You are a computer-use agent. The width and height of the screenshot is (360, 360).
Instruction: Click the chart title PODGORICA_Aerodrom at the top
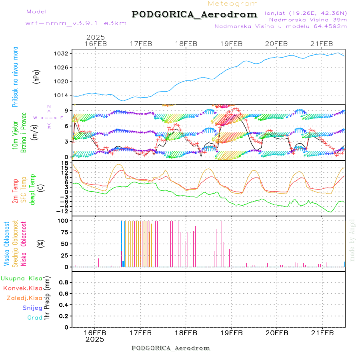click(x=194, y=14)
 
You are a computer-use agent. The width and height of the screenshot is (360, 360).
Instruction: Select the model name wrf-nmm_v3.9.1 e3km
click(x=76, y=23)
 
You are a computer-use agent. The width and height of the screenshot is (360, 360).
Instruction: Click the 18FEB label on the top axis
click(x=186, y=44)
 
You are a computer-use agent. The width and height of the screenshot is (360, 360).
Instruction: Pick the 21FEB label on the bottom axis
click(x=322, y=333)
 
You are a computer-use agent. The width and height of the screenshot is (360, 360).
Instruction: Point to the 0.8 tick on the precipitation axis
click(x=63, y=282)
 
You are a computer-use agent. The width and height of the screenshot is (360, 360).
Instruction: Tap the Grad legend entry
click(x=35, y=318)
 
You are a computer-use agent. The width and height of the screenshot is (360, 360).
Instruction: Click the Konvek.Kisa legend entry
click(x=22, y=288)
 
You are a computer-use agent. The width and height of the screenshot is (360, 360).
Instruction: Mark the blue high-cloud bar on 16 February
click(x=122, y=243)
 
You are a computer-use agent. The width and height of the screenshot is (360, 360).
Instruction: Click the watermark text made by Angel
click(x=352, y=240)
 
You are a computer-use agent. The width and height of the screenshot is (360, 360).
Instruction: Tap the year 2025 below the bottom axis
click(x=95, y=339)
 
